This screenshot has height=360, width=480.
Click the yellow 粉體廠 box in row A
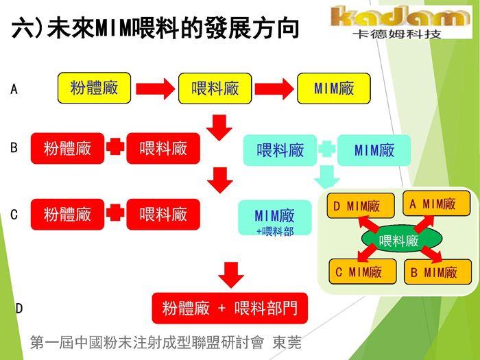[94, 88]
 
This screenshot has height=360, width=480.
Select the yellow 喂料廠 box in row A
[215, 88]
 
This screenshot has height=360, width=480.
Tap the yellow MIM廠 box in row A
[333, 88]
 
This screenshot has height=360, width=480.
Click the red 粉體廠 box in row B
[67, 148]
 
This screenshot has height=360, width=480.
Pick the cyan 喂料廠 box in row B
[280, 149]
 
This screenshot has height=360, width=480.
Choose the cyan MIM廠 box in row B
[374, 149]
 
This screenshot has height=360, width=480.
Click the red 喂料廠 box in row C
[163, 214]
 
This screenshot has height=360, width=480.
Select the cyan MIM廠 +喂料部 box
[274, 219]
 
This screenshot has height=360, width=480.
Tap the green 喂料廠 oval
[398, 240]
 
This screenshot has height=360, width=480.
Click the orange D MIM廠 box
[360, 206]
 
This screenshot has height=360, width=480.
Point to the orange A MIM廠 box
[436, 204]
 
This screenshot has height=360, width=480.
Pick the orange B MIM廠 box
[437, 272]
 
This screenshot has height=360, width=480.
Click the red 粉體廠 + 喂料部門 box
[230, 308]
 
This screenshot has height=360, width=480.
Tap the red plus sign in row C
[115, 214]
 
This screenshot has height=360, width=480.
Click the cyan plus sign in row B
[326, 149]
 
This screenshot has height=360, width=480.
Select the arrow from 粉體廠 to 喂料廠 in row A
[154, 88]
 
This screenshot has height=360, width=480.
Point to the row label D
[19, 309]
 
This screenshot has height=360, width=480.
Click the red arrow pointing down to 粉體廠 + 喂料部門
[232, 274]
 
